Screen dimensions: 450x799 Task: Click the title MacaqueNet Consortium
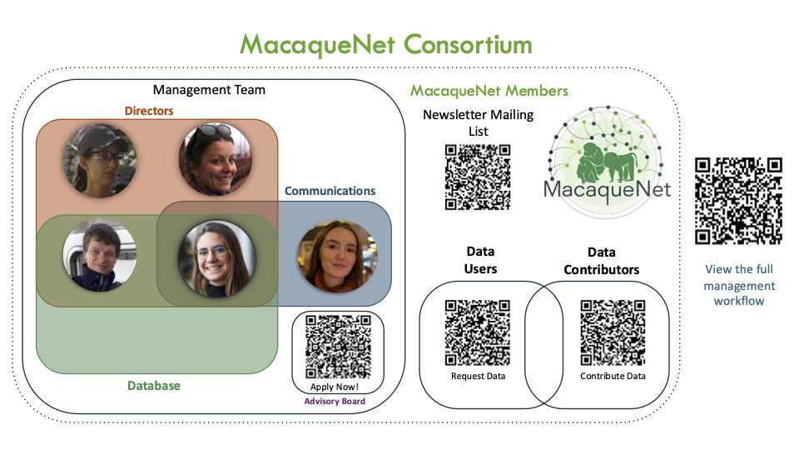pos(385,44)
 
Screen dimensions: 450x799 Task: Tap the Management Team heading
pos(209,89)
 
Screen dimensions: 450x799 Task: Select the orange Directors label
pos(149,110)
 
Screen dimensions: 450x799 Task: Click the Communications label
pos(330,191)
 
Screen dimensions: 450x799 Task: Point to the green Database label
pos(153,386)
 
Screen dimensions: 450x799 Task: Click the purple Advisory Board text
pos(334,402)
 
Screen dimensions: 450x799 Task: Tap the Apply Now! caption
pos(335,387)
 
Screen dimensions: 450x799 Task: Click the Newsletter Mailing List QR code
pos(477,177)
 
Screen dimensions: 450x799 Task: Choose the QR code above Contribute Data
pos(613,332)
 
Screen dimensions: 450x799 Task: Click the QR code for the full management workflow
pos(738,200)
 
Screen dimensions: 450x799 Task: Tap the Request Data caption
pos(478,376)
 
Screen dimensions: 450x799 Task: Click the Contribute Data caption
pos(613,376)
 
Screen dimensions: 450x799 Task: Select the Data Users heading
pos(480,260)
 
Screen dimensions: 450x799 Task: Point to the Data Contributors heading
pos(601,261)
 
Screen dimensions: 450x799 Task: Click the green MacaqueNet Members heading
pos(489,90)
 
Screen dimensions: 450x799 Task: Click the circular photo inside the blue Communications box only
pos(337,256)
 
